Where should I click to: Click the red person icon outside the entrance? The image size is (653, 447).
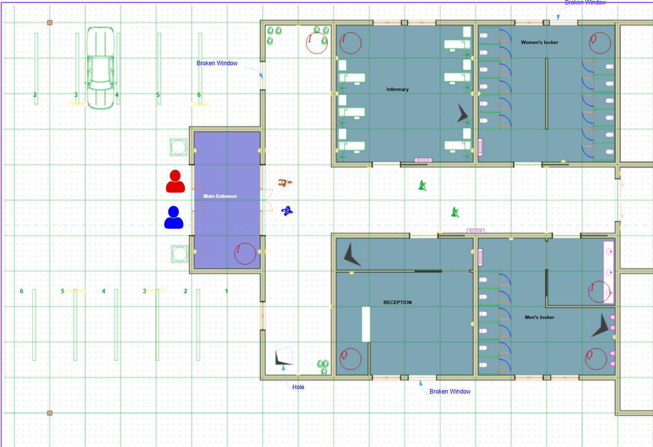click(x=175, y=181)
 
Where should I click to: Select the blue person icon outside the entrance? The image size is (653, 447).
click(x=174, y=218)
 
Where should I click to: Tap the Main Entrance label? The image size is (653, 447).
click(x=220, y=196)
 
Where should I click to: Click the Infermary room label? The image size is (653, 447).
click(x=397, y=89)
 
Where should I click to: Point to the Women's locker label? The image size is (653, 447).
click(x=539, y=43)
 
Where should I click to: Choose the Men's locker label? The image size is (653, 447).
click(x=539, y=317)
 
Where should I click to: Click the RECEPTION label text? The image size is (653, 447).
click(x=397, y=303)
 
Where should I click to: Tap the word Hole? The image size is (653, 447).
click(x=298, y=387)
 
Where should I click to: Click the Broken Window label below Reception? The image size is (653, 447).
click(x=450, y=392)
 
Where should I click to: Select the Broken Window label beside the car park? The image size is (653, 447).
click(x=217, y=63)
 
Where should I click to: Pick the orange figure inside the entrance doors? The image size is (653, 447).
click(x=284, y=183)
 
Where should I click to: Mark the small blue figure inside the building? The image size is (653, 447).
click(x=287, y=211)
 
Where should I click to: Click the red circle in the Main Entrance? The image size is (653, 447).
click(x=245, y=254)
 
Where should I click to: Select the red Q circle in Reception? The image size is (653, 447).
click(x=350, y=359)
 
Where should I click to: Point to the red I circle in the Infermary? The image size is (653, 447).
click(x=350, y=44)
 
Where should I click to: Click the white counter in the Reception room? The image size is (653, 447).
click(x=366, y=324)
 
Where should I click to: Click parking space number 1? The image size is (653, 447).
click(x=226, y=291)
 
